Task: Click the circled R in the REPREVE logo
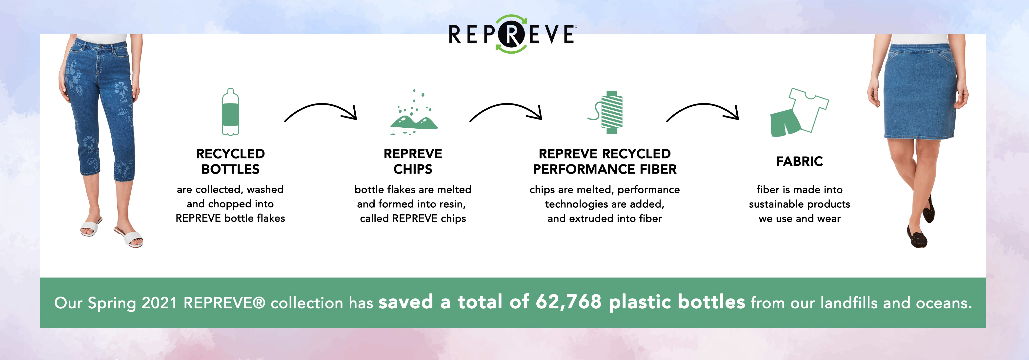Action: click(x=512, y=34)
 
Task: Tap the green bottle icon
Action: click(x=230, y=112)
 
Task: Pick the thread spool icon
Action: click(x=606, y=112)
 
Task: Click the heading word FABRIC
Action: click(x=799, y=161)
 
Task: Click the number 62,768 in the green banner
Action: click(x=568, y=302)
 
